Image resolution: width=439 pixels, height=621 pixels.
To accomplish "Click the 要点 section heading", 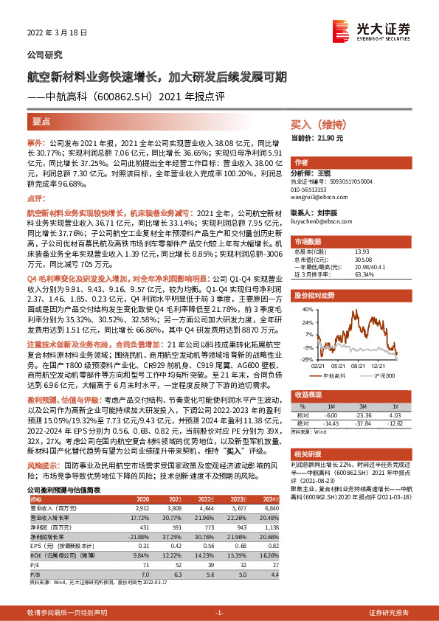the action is point(42,120).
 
